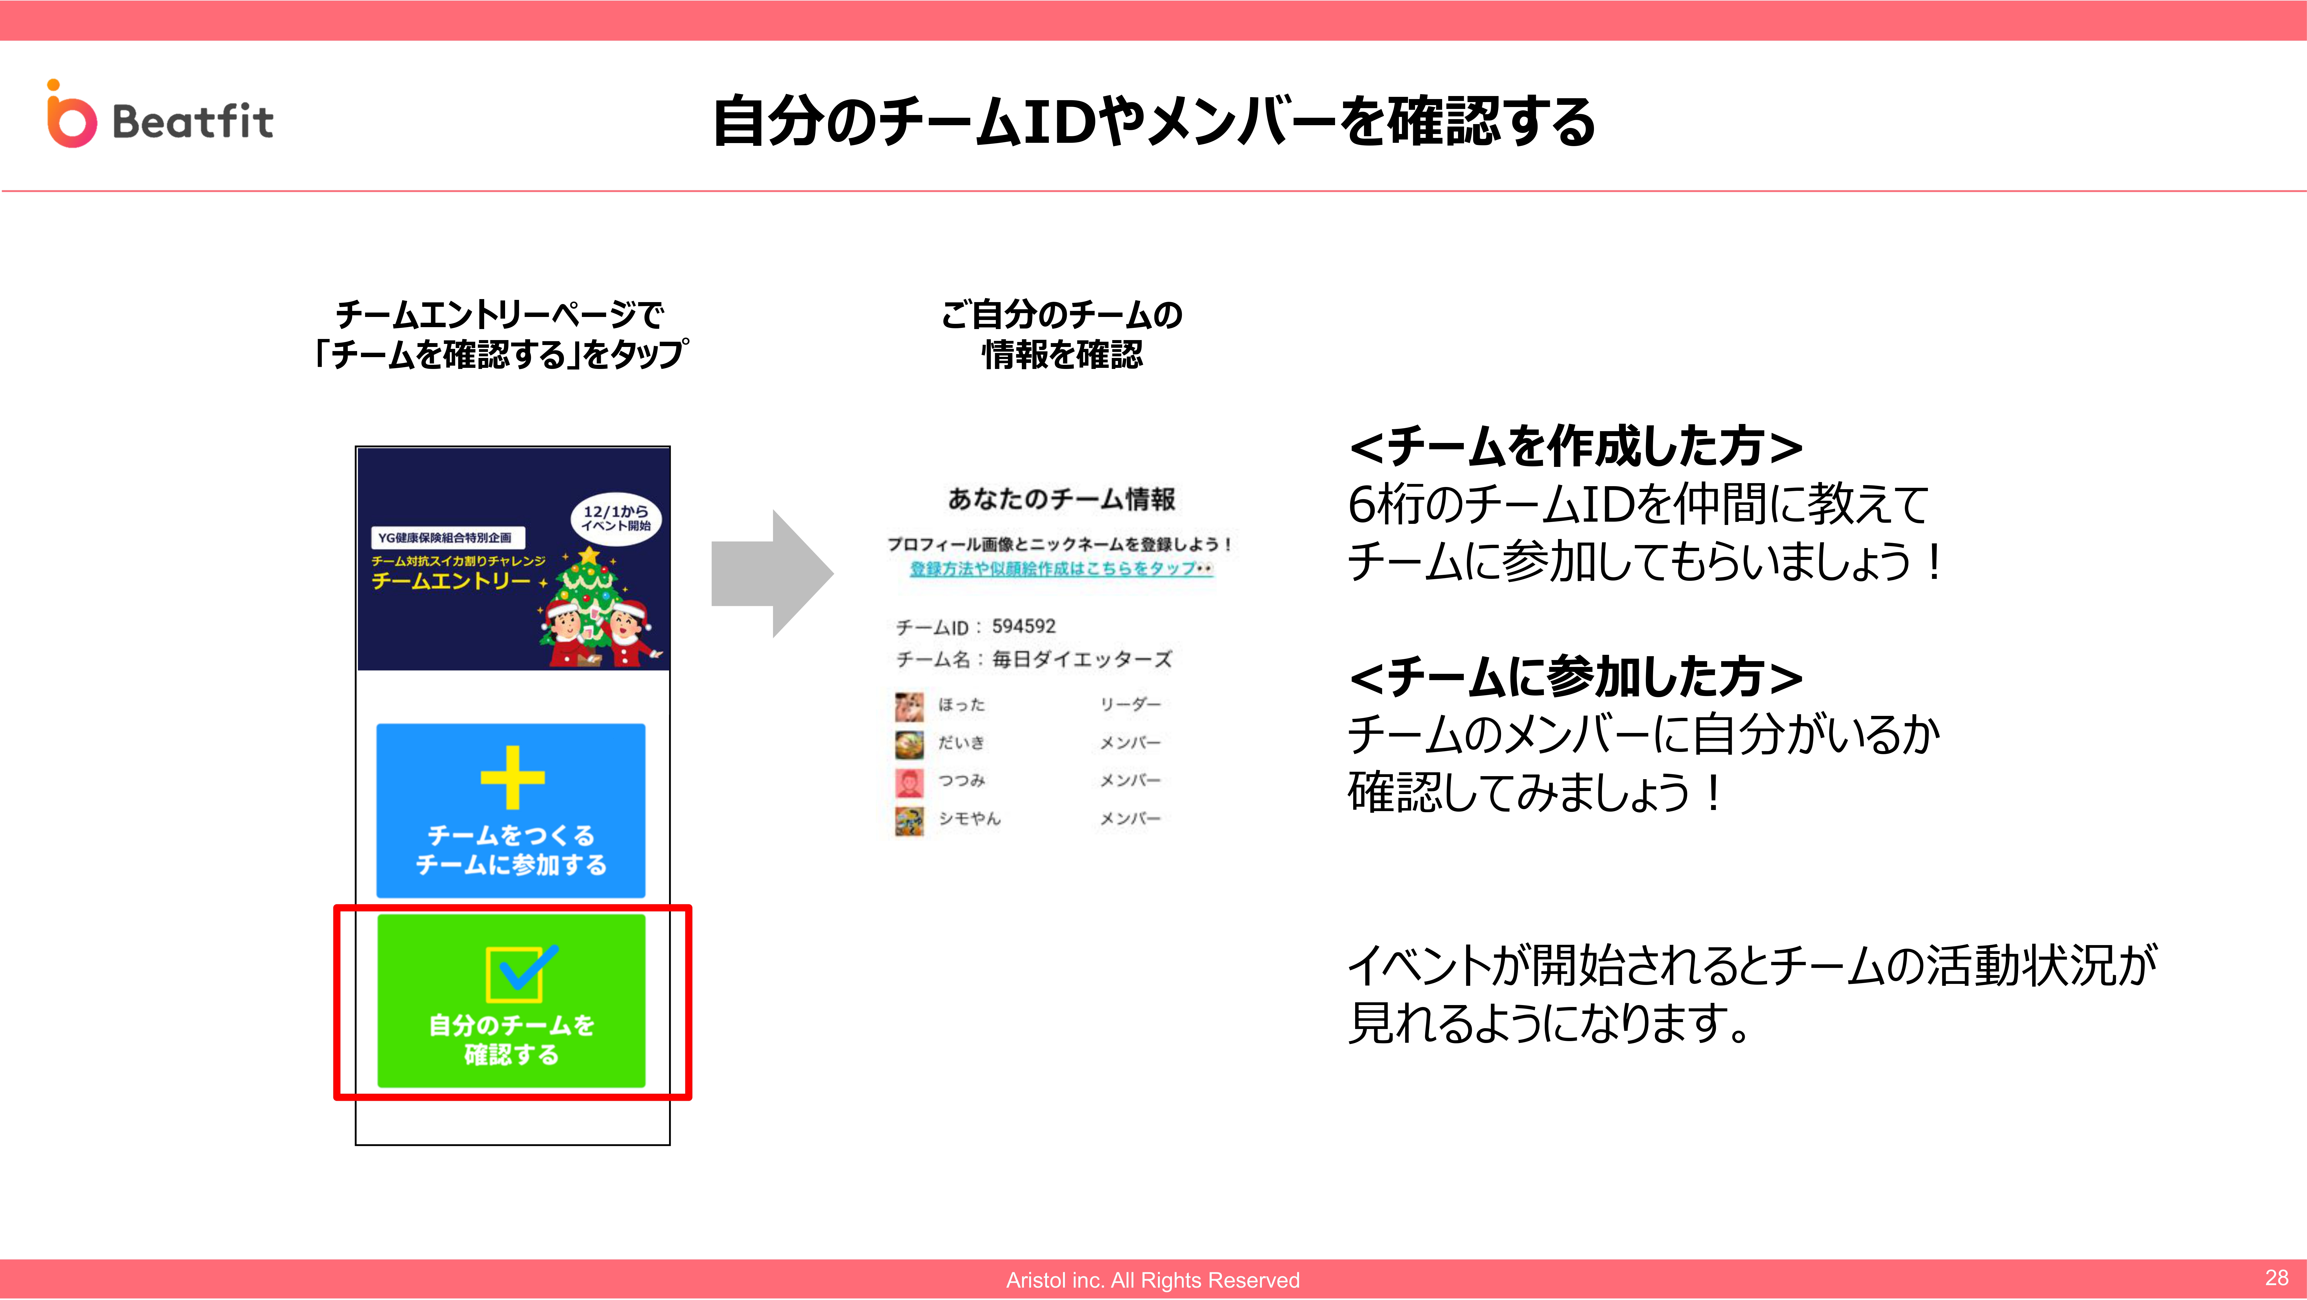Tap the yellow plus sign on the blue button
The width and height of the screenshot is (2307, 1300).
[x=512, y=777]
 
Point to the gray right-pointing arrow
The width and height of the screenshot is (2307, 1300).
[x=772, y=573]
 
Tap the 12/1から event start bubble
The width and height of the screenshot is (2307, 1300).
[x=616, y=518]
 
